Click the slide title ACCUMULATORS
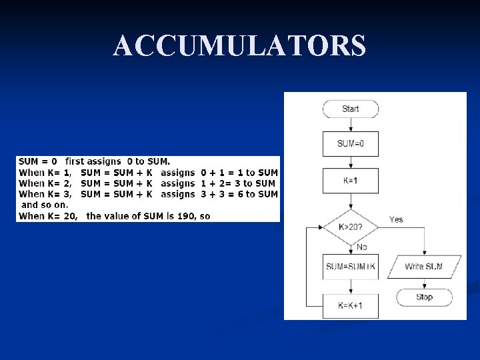tap(239, 46)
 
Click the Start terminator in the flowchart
tap(350, 109)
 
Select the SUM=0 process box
tap(350, 143)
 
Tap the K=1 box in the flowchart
tap(350, 180)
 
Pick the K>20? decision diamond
tap(350, 227)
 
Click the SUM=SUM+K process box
tap(350, 267)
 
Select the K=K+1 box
tap(350, 305)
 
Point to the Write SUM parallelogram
tap(423, 267)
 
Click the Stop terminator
tap(424, 297)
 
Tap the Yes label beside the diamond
tap(396, 219)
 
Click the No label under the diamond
tap(361, 247)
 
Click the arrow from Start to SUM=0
tap(350, 125)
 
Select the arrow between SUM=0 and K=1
tap(350, 162)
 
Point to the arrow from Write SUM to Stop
tap(424, 283)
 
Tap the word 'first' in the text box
tap(78, 161)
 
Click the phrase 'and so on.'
tap(45, 205)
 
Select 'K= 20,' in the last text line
tap(64, 216)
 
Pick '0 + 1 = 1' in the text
tap(221, 173)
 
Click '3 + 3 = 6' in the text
tap(221, 194)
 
